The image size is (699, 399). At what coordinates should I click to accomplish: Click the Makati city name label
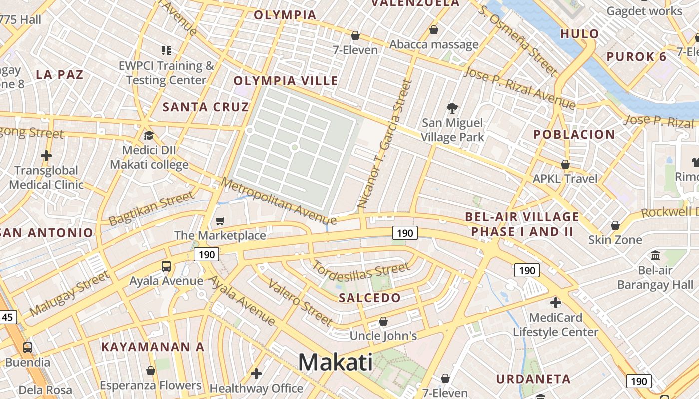336,362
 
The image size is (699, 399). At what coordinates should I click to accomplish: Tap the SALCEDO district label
369,298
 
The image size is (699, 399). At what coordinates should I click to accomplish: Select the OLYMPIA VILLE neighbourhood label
286,81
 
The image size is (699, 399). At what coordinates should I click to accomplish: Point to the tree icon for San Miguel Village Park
452,108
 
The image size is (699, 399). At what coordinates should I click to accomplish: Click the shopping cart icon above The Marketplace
220,221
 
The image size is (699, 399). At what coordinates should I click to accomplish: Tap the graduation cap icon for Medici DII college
148,135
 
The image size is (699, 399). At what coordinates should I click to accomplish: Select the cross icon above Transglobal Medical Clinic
46,156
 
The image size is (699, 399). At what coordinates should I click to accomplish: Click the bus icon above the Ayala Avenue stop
166,266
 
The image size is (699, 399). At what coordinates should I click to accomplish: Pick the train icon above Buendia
28,347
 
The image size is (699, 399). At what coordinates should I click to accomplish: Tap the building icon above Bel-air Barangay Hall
655,255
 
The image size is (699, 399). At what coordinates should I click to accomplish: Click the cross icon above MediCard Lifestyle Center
555,303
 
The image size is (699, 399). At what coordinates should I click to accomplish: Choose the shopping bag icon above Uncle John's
383,321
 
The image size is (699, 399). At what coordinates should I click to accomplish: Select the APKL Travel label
565,179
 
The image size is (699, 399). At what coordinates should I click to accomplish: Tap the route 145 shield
7,317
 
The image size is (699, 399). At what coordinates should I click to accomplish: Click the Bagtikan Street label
151,208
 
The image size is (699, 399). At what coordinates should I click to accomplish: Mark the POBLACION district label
574,134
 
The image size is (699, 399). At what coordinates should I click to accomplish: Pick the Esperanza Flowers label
150,385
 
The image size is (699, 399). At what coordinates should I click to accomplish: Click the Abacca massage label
434,44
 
